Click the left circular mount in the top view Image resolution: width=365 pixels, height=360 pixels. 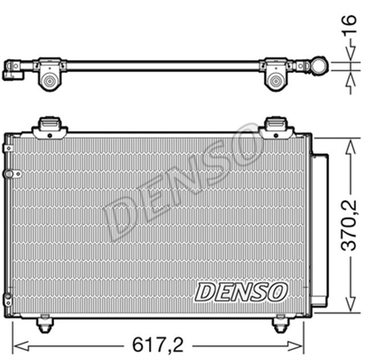pos(50,82)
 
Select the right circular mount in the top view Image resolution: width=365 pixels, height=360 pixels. pos(276,82)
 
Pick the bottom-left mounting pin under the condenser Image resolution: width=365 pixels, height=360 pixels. pos(44,325)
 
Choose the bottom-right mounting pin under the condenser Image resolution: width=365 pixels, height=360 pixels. pos(280,325)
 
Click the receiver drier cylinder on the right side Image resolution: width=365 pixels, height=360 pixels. pos(320,231)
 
